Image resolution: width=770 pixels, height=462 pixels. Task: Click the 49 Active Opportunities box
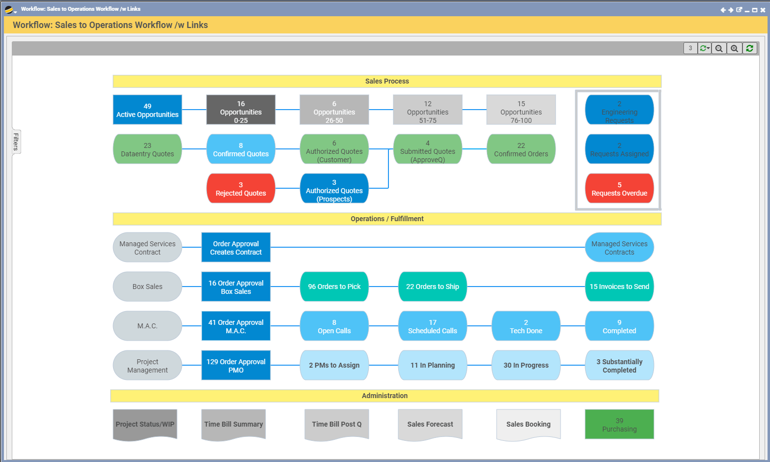click(x=148, y=110)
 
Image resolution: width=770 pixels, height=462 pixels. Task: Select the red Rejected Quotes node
click(x=241, y=188)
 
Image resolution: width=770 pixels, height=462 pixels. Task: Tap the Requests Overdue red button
click(x=619, y=188)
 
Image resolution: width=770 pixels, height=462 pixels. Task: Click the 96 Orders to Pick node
click(x=334, y=287)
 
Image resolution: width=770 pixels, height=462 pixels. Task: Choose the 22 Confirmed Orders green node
click(x=521, y=149)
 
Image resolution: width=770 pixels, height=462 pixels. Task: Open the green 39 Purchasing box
click(x=619, y=424)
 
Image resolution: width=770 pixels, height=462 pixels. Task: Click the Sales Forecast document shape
click(x=430, y=424)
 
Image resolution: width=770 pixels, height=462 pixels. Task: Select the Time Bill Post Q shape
click(x=337, y=424)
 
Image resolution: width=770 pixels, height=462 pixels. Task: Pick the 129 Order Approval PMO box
click(x=236, y=365)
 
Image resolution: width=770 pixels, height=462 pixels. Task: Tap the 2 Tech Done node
click(x=526, y=326)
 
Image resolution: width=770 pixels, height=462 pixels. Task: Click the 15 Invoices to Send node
click(x=619, y=287)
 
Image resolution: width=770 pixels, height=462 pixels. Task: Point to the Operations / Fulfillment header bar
click(x=387, y=219)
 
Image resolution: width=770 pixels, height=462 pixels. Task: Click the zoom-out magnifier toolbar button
click(x=719, y=48)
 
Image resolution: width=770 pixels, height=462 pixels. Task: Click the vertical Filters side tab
click(x=16, y=142)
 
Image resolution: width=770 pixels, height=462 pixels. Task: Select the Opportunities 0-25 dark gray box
click(x=241, y=110)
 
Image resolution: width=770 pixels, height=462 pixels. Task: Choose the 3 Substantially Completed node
click(x=619, y=365)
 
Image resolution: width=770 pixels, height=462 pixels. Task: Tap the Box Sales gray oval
click(x=148, y=287)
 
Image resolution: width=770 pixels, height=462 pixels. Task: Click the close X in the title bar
click(x=763, y=10)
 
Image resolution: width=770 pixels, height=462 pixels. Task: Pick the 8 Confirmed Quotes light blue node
click(x=241, y=149)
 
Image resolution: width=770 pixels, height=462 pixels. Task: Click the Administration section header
click(x=385, y=396)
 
